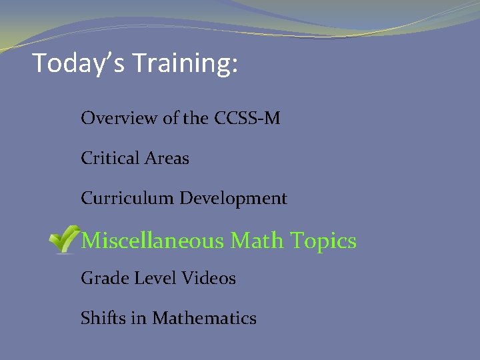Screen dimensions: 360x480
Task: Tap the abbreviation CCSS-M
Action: [247, 119]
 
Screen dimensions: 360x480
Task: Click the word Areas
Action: [167, 159]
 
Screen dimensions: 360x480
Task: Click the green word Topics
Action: [325, 241]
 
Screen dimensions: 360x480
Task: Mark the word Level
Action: [150, 279]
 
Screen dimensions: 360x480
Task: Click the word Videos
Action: [207, 279]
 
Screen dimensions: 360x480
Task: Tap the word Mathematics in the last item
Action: [204, 319]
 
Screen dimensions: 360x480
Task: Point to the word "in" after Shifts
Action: [139, 319]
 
